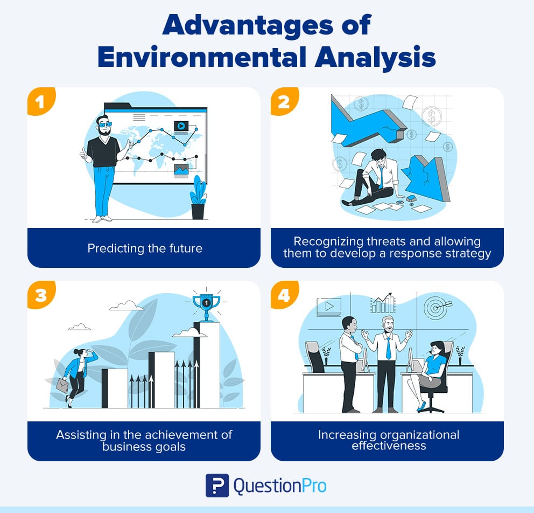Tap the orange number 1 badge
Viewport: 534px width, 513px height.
coord(40,101)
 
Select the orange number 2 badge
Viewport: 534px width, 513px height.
coord(283,101)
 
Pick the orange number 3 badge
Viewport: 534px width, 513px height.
coord(40,295)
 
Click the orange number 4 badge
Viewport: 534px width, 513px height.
coord(283,295)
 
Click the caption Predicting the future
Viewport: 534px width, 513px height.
coord(144,248)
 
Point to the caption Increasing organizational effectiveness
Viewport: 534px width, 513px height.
coord(387,440)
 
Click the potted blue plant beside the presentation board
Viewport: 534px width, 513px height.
coord(198,197)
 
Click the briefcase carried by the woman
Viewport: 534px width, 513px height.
coord(62,385)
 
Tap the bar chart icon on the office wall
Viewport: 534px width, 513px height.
coord(382,303)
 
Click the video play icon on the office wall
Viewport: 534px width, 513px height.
coord(328,306)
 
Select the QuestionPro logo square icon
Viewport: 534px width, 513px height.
coord(217,485)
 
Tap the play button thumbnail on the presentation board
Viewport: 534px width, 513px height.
coord(180,126)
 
